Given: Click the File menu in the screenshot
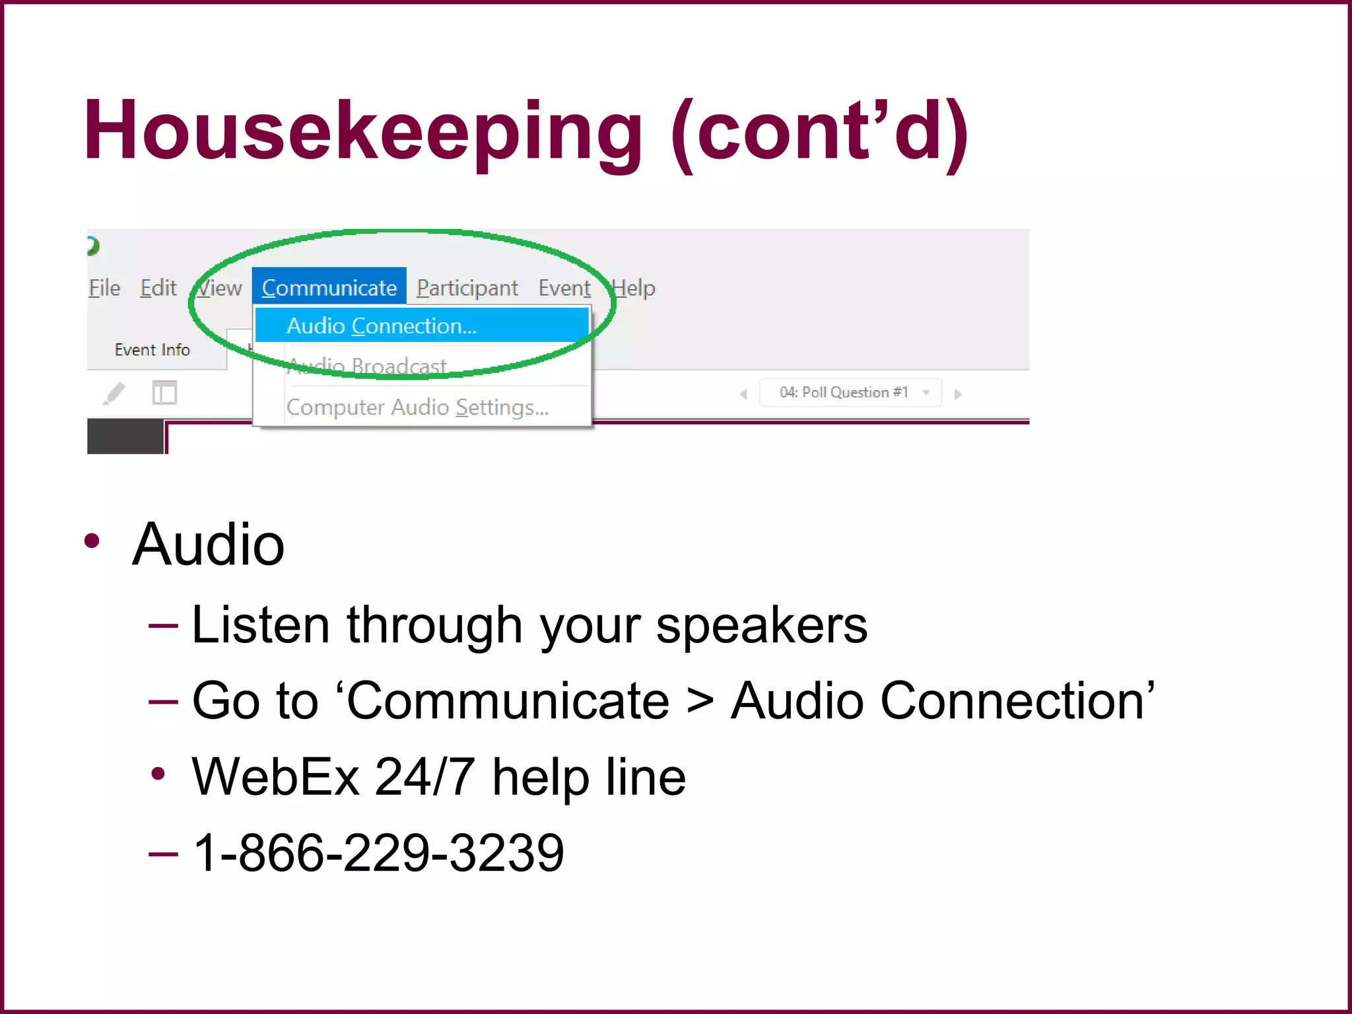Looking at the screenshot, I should (104, 288).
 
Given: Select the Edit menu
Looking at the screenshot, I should (158, 288).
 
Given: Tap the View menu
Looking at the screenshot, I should (220, 288).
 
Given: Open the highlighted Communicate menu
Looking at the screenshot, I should (329, 287).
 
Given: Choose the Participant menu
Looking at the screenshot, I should (467, 288).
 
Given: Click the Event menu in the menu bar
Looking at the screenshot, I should (564, 288).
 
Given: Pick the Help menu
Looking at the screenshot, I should (634, 288).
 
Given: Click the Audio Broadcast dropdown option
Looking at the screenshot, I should (368, 365).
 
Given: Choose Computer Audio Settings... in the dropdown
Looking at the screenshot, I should (417, 407).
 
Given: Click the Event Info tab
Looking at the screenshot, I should (152, 349).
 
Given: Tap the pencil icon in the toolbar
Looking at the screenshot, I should (114, 393).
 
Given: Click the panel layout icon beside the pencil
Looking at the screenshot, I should (164, 393).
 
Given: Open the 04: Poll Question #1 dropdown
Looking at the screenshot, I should (850, 393).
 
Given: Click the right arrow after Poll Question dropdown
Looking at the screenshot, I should (958, 394).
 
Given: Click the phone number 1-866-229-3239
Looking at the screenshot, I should (378, 852).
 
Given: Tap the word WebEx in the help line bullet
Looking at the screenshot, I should (275, 777).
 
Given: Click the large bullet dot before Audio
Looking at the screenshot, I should (92, 541).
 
